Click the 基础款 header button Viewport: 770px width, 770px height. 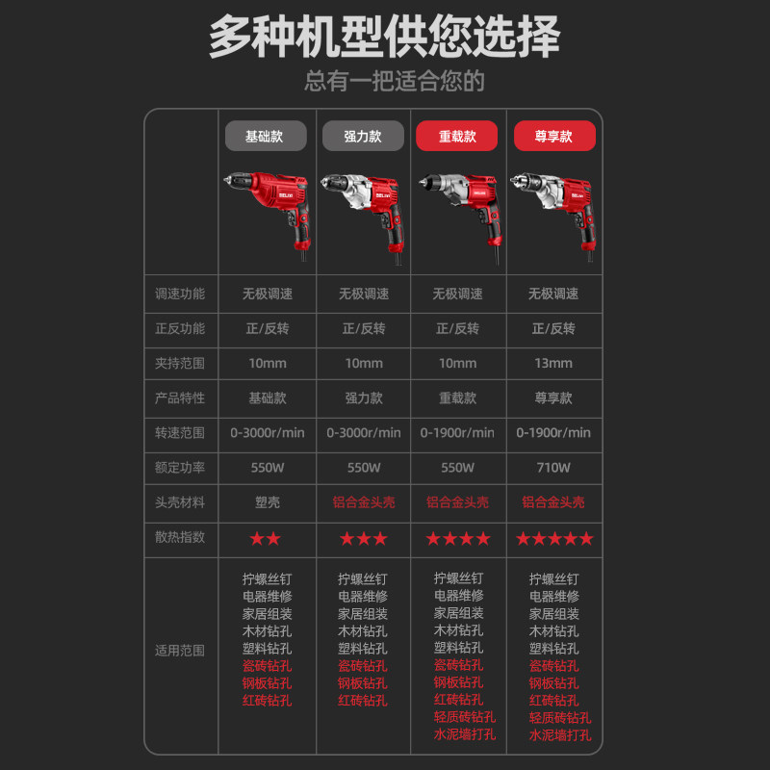266,136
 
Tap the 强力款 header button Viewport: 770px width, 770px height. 362,136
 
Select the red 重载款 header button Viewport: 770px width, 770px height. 457,136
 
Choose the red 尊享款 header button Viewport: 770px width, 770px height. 553,136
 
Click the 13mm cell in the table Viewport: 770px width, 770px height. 553,363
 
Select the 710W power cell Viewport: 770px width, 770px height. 553,468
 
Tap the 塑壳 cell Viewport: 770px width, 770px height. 267,502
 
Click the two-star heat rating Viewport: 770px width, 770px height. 266,538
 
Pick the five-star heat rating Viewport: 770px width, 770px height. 553,538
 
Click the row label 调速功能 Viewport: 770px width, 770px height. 180,294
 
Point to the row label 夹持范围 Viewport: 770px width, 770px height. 180,363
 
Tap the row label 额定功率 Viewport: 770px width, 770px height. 180,468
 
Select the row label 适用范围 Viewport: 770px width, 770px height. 180,651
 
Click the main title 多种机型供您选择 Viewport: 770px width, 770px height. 385,38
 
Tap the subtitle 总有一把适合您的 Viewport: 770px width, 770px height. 395,81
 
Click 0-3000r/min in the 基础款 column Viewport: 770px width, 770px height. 267,433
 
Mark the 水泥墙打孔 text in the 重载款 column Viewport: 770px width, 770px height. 465,734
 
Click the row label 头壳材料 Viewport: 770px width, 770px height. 180,502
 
